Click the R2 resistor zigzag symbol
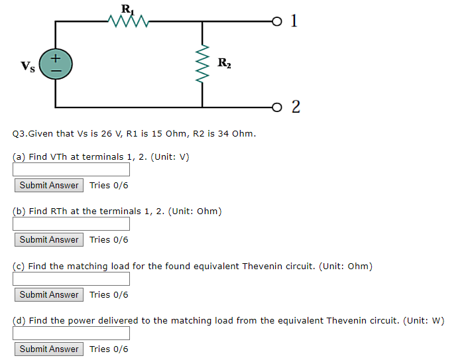tap(202, 64)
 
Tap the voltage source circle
tap(56, 64)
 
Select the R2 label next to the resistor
tap(225, 64)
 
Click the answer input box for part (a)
tap(72, 170)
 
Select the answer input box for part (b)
tap(72, 224)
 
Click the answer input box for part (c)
tap(72, 279)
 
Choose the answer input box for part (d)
tap(72, 333)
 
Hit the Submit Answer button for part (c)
tap(49, 294)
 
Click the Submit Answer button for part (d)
tap(49, 349)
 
